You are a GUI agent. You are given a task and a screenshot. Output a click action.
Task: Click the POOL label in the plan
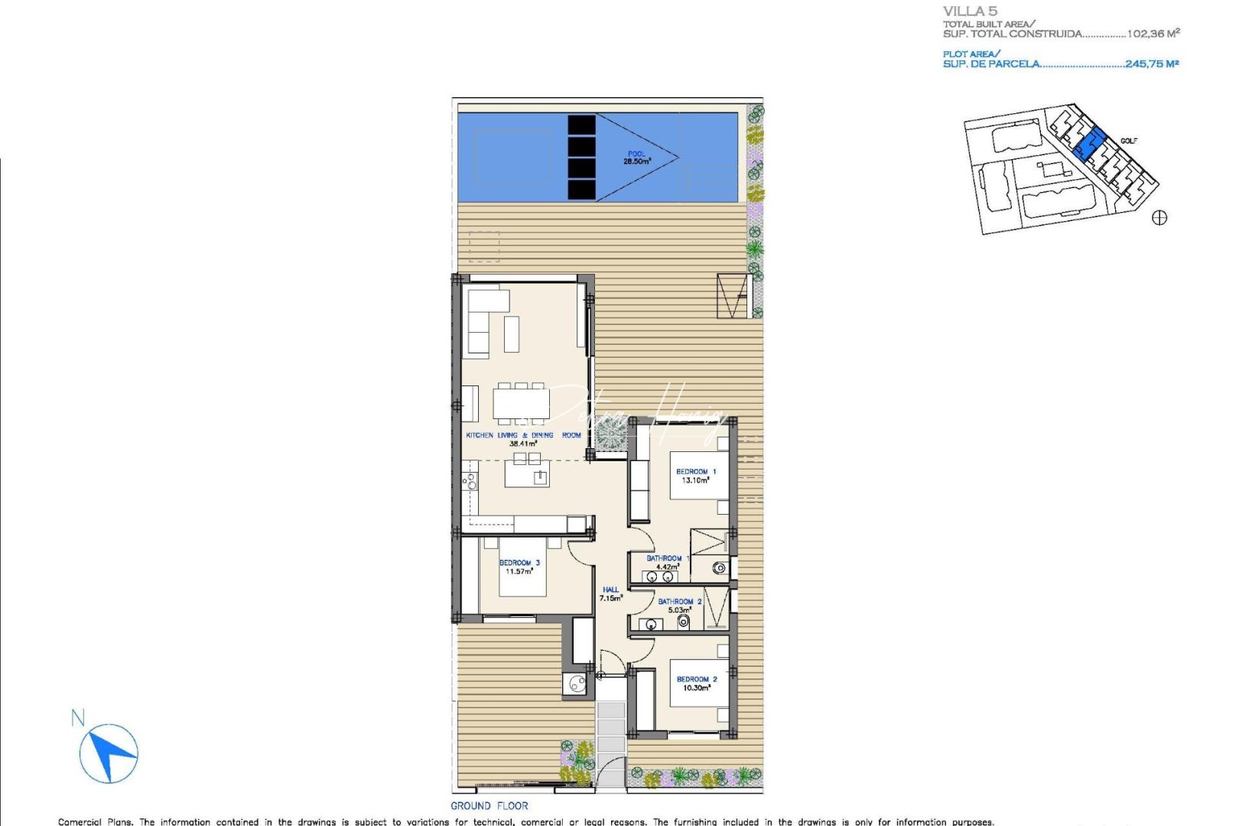point(636,154)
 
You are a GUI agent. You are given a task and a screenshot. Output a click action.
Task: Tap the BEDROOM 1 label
point(696,472)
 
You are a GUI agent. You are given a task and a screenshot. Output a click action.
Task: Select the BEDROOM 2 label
point(697,679)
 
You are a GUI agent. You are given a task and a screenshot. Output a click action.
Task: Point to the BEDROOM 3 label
point(519,563)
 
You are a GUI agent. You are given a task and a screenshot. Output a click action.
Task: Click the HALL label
point(610,590)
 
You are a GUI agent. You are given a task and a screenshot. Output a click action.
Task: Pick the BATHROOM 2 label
point(679,602)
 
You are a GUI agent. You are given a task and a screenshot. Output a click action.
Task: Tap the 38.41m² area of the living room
point(523,444)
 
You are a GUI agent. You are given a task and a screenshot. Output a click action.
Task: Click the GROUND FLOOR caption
point(489,806)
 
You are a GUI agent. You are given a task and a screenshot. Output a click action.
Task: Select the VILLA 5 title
point(970,11)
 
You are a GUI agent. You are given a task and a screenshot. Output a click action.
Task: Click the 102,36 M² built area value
point(1153,34)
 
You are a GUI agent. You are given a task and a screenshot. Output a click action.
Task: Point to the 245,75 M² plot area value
point(1152,64)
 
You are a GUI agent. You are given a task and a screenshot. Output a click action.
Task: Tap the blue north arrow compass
point(109,753)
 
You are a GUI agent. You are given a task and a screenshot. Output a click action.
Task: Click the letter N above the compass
point(77,718)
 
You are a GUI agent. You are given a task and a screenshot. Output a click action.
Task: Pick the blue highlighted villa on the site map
point(1089,143)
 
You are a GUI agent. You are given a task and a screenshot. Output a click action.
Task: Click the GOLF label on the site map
point(1129,141)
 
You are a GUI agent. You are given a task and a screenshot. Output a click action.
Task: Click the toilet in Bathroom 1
point(720,567)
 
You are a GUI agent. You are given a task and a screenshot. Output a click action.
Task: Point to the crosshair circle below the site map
point(1159,218)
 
